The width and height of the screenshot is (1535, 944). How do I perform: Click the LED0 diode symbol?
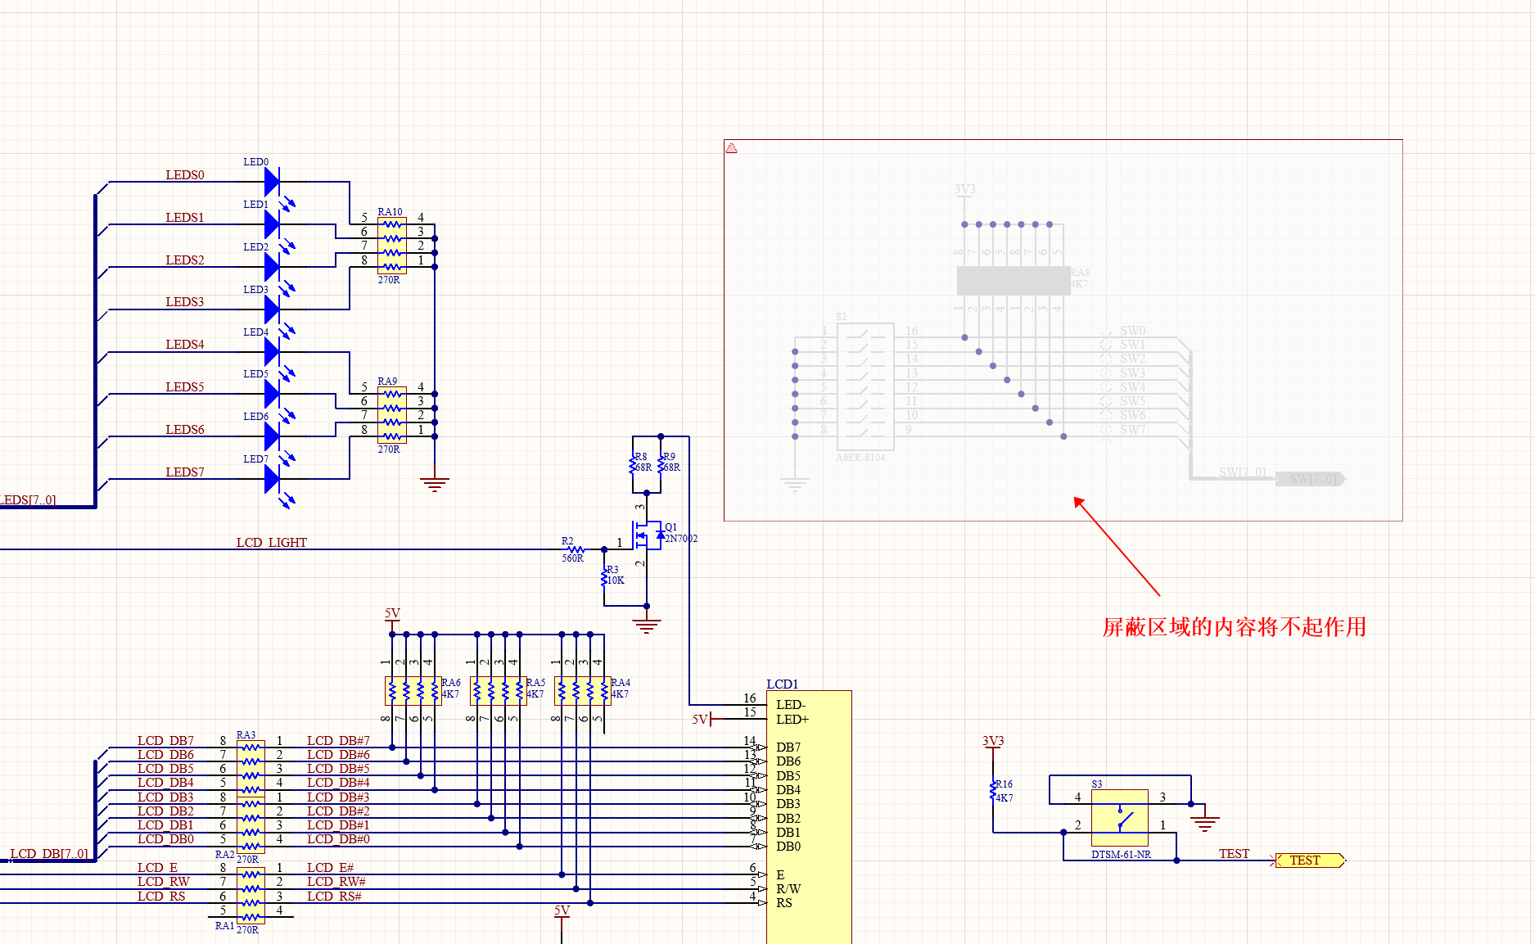[x=273, y=181]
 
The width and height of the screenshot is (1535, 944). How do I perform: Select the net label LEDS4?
[x=185, y=345]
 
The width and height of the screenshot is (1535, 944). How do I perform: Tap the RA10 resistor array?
[x=392, y=245]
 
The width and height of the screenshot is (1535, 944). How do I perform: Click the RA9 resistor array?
[x=392, y=414]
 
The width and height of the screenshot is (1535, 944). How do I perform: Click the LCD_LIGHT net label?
[x=271, y=543]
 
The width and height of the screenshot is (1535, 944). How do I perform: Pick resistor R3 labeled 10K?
[x=605, y=578]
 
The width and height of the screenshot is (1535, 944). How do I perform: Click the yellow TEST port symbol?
[x=1309, y=860]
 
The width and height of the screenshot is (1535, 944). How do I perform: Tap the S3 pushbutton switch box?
[x=1119, y=818]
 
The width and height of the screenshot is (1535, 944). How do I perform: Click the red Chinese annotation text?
[x=1234, y=627]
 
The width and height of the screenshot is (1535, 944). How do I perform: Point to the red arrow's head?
[x=1077, y=500]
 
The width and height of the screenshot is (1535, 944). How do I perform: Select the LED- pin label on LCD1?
[x=791, y=704]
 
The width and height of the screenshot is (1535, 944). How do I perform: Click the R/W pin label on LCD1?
[x=788, y=888]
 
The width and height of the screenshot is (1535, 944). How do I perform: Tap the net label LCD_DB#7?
[x=338, y=741]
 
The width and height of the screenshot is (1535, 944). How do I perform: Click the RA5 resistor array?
[x=498, y=690]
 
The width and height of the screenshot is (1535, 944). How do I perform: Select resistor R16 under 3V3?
[x=993, y=791]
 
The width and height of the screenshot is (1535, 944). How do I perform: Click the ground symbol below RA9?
[x=435, y=484]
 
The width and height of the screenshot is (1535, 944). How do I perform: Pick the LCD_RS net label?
[x=161, y=897]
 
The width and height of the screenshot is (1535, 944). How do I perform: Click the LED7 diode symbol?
[x=273, y=478]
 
